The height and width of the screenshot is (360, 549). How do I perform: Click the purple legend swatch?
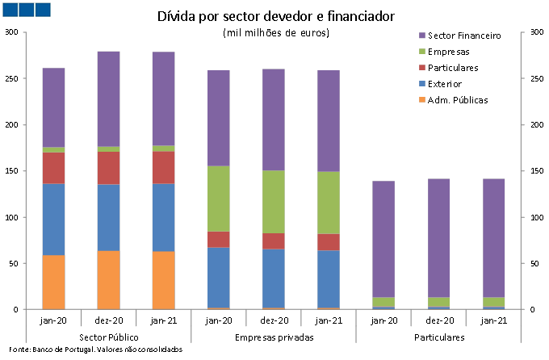(422, 36)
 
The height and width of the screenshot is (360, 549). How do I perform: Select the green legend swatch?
(422, 52)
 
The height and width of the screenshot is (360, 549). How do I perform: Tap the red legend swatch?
(422, 68)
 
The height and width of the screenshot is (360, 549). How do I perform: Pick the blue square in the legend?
(422, 84)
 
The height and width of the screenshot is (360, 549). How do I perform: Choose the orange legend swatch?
(422, 100)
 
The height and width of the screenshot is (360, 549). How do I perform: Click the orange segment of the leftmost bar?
(53, 282)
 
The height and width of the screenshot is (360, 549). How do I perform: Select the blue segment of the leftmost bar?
(53, 220)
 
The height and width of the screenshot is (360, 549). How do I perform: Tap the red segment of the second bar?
(108, 168)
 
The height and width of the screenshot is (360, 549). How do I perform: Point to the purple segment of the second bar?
(108, 98)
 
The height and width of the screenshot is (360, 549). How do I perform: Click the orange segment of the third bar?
(163, 280)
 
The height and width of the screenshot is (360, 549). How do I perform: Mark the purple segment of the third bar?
(163, 98)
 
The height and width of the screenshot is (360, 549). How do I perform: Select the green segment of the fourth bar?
(219, 199)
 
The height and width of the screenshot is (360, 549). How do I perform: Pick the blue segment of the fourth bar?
(219, 278)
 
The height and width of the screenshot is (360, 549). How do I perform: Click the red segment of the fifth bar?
(274, 241)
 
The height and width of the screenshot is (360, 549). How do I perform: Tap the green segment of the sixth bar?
(329, 203)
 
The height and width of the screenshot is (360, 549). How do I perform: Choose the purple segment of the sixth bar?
(329, 121)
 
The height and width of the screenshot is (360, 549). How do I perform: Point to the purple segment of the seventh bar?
(383, 239)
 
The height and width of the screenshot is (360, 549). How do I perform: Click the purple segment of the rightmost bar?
(494, 238)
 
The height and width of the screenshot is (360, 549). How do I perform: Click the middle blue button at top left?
(27, 10)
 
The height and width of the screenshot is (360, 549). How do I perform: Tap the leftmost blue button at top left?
(10, 10)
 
